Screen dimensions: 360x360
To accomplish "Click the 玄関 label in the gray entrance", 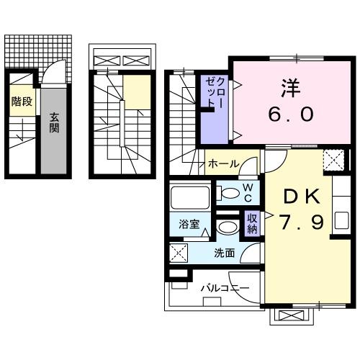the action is (54, 122).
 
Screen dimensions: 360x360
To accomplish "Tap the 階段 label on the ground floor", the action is (22, 102).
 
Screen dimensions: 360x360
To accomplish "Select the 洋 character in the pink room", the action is (291, 88).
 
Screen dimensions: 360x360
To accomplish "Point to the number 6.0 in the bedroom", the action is (291, 114).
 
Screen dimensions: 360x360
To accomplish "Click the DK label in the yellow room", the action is (302, 197).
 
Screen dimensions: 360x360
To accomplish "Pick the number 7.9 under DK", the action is (302, 222).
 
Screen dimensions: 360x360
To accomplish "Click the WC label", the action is (248, 193).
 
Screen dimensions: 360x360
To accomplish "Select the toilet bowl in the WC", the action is (228, 193).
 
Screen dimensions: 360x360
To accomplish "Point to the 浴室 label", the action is (189, 224).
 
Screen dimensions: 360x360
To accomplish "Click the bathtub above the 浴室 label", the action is (189, 197).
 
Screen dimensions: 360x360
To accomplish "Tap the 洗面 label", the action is (224, 253).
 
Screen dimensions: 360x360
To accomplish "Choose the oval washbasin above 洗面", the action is (228, 227).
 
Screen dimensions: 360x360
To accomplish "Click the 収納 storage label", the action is (252, 223).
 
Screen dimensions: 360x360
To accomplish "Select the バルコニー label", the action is (225, 288).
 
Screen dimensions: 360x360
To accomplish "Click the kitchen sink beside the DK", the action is (341, 220).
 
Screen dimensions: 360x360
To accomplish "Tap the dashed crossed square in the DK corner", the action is (333, 160).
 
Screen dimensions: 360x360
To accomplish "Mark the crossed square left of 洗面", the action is (179, 253).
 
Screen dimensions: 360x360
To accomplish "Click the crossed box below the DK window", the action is (292, 315).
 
